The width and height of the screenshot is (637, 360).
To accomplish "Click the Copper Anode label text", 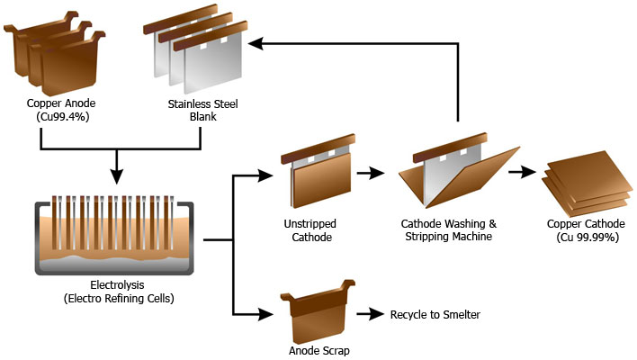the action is tap(61, 103).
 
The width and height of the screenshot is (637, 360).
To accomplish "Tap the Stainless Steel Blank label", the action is tap(202, 110).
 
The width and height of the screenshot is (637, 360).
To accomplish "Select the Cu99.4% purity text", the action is tap(63, 117).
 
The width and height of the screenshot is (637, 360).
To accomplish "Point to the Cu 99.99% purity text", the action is tap(588, 238).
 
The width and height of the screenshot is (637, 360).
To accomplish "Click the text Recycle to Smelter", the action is tap(435, 314).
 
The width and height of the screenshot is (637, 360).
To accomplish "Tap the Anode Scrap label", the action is tap(319, 351).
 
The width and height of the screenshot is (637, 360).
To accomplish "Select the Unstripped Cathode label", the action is tap(310, 230).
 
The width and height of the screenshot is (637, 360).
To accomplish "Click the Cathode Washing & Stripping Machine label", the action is tap(448, 230).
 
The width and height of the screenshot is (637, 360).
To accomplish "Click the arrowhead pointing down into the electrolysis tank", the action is tap(117, 176).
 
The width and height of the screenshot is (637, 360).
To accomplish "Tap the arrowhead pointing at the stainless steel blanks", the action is tap(256, 43).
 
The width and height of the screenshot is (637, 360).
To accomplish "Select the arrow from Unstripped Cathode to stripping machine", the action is tap(371, 173).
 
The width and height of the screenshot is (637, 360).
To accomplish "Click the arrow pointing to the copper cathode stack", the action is tap(522, 172).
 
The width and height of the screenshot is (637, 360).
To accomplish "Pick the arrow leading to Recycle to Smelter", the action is tap(370, 314).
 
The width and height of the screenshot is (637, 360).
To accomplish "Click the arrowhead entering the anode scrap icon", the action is tap(265, 314).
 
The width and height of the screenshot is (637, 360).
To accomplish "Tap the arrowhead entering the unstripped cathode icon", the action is tap(265, 175).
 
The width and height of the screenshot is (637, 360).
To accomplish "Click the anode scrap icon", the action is tap(318, 311).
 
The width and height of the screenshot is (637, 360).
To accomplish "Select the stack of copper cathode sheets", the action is tap(587, 184).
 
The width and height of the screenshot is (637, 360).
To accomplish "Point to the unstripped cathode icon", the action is tap(318, 171).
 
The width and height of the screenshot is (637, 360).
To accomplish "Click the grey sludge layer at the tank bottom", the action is tap(114, 264).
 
